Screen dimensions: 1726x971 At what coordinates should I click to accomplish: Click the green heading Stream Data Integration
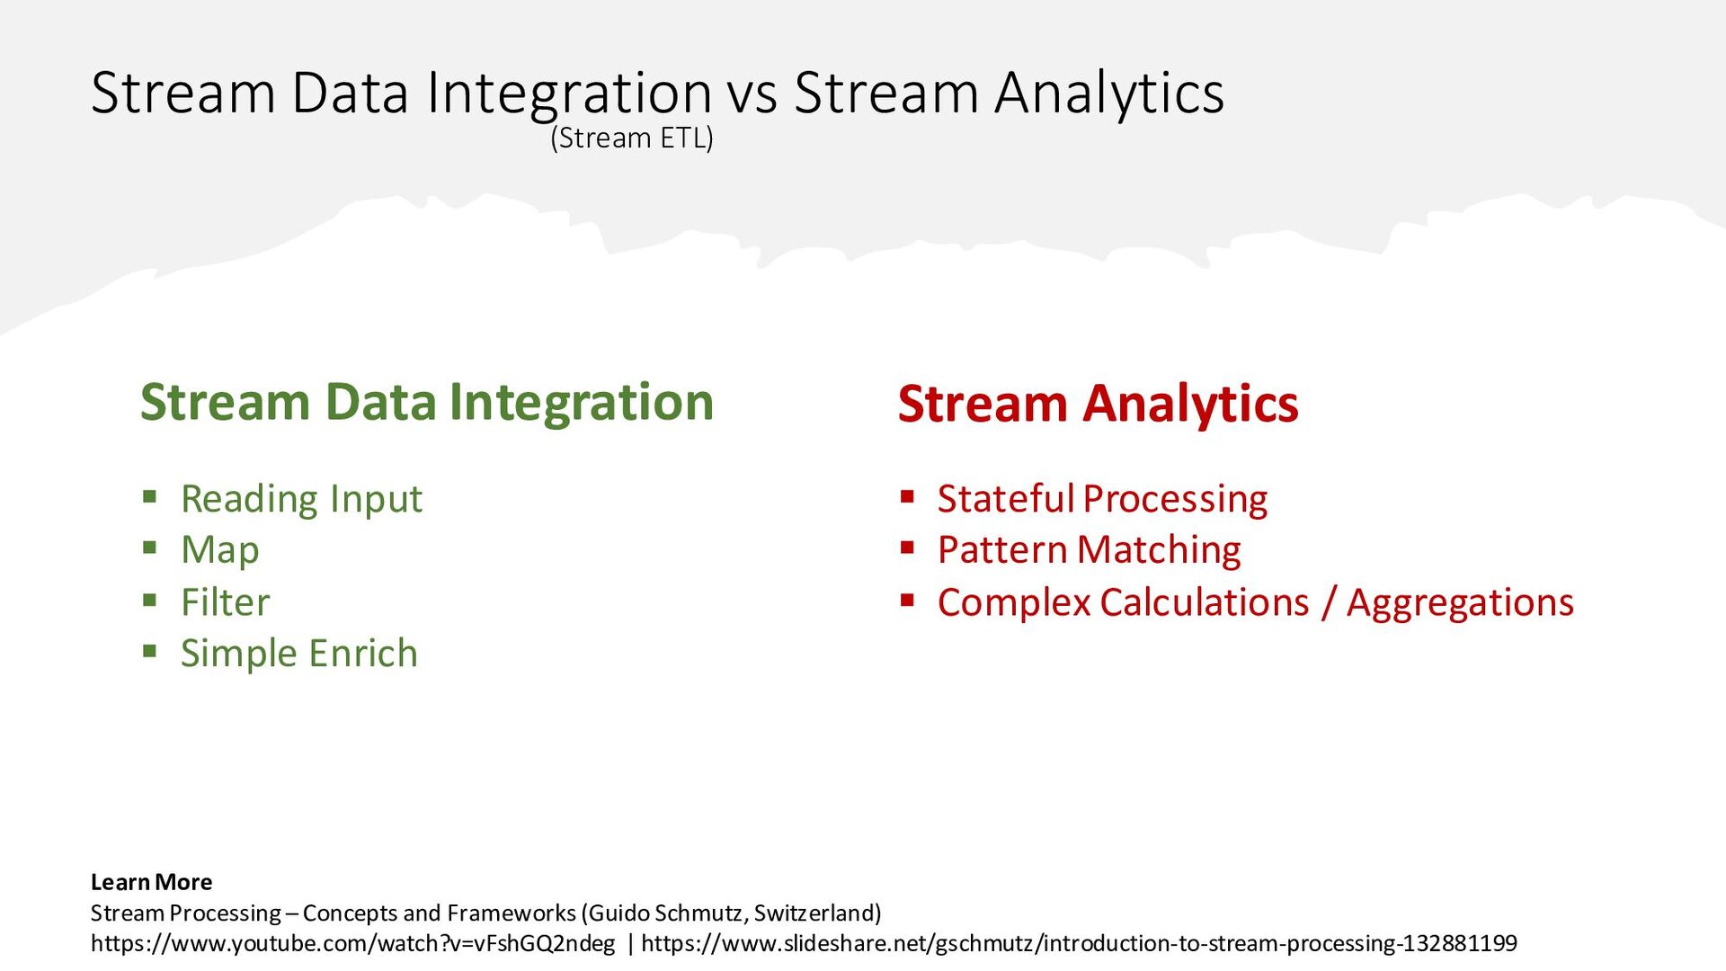(427, 402)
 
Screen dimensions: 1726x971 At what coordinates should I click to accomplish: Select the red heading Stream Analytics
(1098, 404)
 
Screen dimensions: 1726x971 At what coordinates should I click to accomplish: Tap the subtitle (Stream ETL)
(632, 138)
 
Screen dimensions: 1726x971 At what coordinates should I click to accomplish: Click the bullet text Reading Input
(301, 499)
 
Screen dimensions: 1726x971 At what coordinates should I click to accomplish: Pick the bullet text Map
(220, 550)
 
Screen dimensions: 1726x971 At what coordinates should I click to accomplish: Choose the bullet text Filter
(225, 601)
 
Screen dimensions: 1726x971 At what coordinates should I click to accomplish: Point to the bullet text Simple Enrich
(299, 654)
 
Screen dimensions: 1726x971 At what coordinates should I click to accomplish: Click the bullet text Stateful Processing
(1102, 499)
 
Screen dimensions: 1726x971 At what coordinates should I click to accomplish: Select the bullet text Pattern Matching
(1089, 550)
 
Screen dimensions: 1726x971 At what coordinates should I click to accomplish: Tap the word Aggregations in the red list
(1460, 602)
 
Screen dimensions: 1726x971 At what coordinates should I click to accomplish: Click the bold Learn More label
(151, 882)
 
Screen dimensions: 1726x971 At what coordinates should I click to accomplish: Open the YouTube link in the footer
(352, 943)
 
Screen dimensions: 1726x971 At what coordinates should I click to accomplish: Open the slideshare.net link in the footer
(1079, 943)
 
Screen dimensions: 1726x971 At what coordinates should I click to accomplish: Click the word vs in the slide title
(752, 94)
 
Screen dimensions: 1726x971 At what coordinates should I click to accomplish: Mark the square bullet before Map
(150, 548)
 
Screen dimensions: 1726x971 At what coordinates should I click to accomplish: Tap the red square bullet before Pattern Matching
(907, 548)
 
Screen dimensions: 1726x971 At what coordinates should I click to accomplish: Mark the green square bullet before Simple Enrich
(150, 651)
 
